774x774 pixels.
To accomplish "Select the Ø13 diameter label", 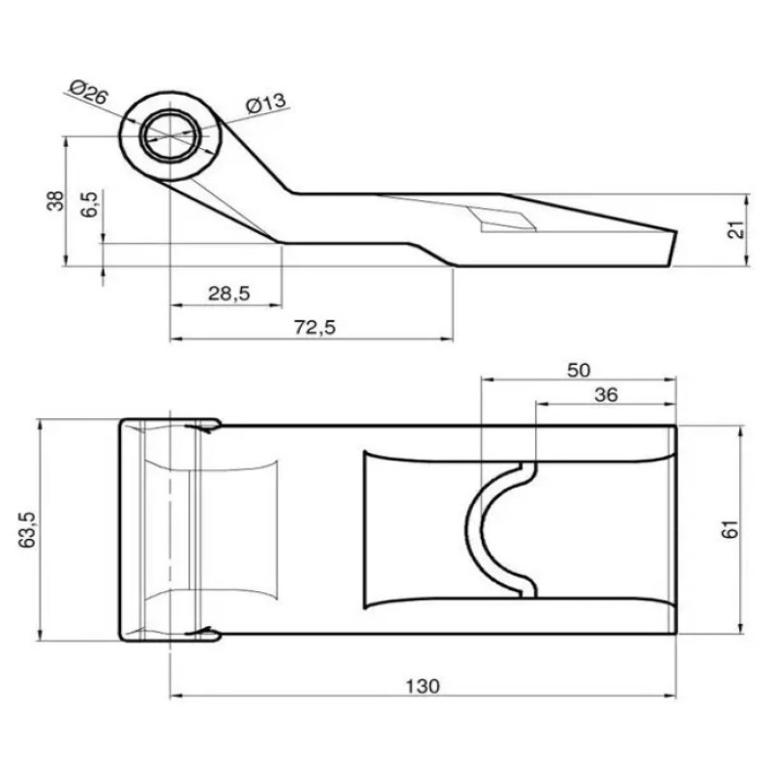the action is [266, 104].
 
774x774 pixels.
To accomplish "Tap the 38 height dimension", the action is [56, 201].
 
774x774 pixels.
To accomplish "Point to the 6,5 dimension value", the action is [90, 204].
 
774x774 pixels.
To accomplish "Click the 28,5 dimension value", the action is [229, 294].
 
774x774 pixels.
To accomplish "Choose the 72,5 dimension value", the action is [315, 327].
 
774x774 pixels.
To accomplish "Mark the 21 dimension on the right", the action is [736, 230].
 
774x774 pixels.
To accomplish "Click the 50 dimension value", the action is [579, 371].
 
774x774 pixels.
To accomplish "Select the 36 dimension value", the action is [606, 395].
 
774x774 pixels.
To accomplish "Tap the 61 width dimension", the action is [731, 529].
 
